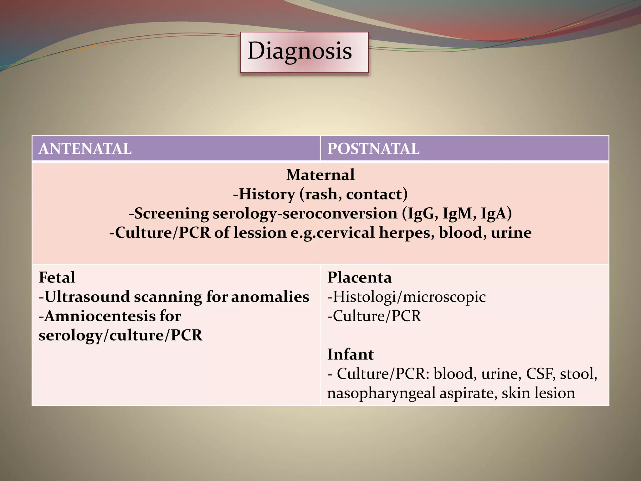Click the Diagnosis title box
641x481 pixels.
coord(304,52)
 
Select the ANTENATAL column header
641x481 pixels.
coord(85,149)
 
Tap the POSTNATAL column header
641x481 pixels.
coord(373,149)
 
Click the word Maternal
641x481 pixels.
coord(320,175)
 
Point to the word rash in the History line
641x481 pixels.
coord(323,194)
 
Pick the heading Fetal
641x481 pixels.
coord(57,277)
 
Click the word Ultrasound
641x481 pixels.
coord(87,297)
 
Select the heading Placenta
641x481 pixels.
coord(359,277)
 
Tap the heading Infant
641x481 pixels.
coord(350,354)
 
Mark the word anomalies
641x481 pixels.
coord(270,297)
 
